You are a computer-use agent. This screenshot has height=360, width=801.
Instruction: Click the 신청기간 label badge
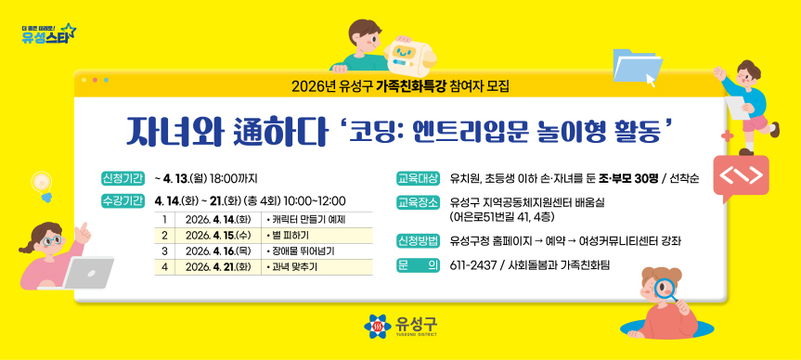(123, 178)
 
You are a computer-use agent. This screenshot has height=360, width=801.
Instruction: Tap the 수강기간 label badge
(123, 200)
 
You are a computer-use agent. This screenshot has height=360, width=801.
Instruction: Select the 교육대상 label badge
(417, 178)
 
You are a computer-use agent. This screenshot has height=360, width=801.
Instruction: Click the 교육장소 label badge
(417, 201)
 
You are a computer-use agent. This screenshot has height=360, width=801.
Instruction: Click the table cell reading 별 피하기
(291, 235)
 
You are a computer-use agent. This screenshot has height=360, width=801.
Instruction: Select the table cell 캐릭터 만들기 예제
(305, 219)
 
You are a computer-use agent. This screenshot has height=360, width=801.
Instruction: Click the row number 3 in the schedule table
(163, 251)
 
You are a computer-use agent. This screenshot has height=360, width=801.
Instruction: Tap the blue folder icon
(636, 65)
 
